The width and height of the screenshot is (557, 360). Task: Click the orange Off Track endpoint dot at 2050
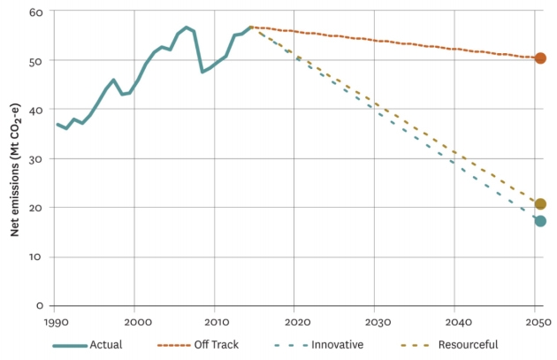coord(540,58)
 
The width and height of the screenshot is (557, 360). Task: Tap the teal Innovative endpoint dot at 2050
coord(540,221)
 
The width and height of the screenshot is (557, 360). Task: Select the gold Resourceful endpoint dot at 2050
coord(540,204)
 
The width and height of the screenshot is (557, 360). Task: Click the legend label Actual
coord(105,344)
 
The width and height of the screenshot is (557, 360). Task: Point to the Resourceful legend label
coord(468,344)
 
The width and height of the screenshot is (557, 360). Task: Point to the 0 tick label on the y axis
coord(40,305)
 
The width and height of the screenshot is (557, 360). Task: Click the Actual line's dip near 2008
coord(202,72)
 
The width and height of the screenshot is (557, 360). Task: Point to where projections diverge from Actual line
coord(251,27)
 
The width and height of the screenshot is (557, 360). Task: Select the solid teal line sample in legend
coord(69,344)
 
